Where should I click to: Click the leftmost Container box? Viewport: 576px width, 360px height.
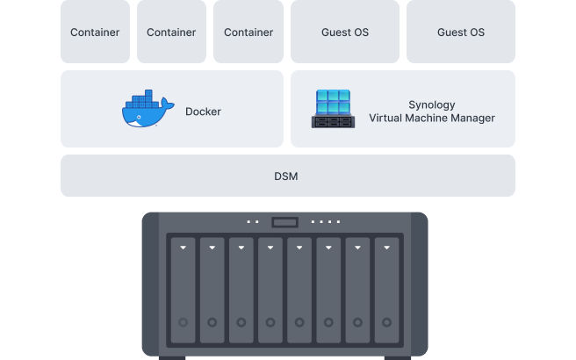(x=95, y=32)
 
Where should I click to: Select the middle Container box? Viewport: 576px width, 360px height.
(x=171, y=32)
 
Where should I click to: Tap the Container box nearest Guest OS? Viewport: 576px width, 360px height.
(x=248, y=32)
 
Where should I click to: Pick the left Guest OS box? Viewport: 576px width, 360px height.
(x=343, y=32)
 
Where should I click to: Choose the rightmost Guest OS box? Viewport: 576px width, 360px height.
(x=460, y=32)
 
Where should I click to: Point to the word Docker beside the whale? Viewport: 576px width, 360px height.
(x=203, y=112)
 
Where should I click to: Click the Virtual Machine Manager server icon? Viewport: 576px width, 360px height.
(x=333, y=109)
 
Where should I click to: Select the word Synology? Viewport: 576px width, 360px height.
(x=431, y=104)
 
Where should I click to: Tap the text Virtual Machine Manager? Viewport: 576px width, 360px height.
(x=431, y=119)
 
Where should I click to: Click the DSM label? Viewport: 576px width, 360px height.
(x=286, y=176)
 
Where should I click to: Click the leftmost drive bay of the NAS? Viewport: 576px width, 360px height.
(x=183, y=290)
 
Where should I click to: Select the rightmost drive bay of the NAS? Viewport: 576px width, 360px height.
(x=387, y=290)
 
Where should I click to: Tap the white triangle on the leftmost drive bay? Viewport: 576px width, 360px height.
(x=183, y=248)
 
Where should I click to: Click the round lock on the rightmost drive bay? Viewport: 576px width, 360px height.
(x=387, y=322)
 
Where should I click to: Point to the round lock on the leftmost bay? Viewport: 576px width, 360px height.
(x=183, y=322)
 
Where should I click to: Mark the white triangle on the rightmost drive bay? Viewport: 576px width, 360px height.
(x=387, y=248)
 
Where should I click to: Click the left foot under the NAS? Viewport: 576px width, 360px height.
(x=172, y=357)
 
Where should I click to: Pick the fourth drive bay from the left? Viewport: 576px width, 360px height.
(x=270, y=290)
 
